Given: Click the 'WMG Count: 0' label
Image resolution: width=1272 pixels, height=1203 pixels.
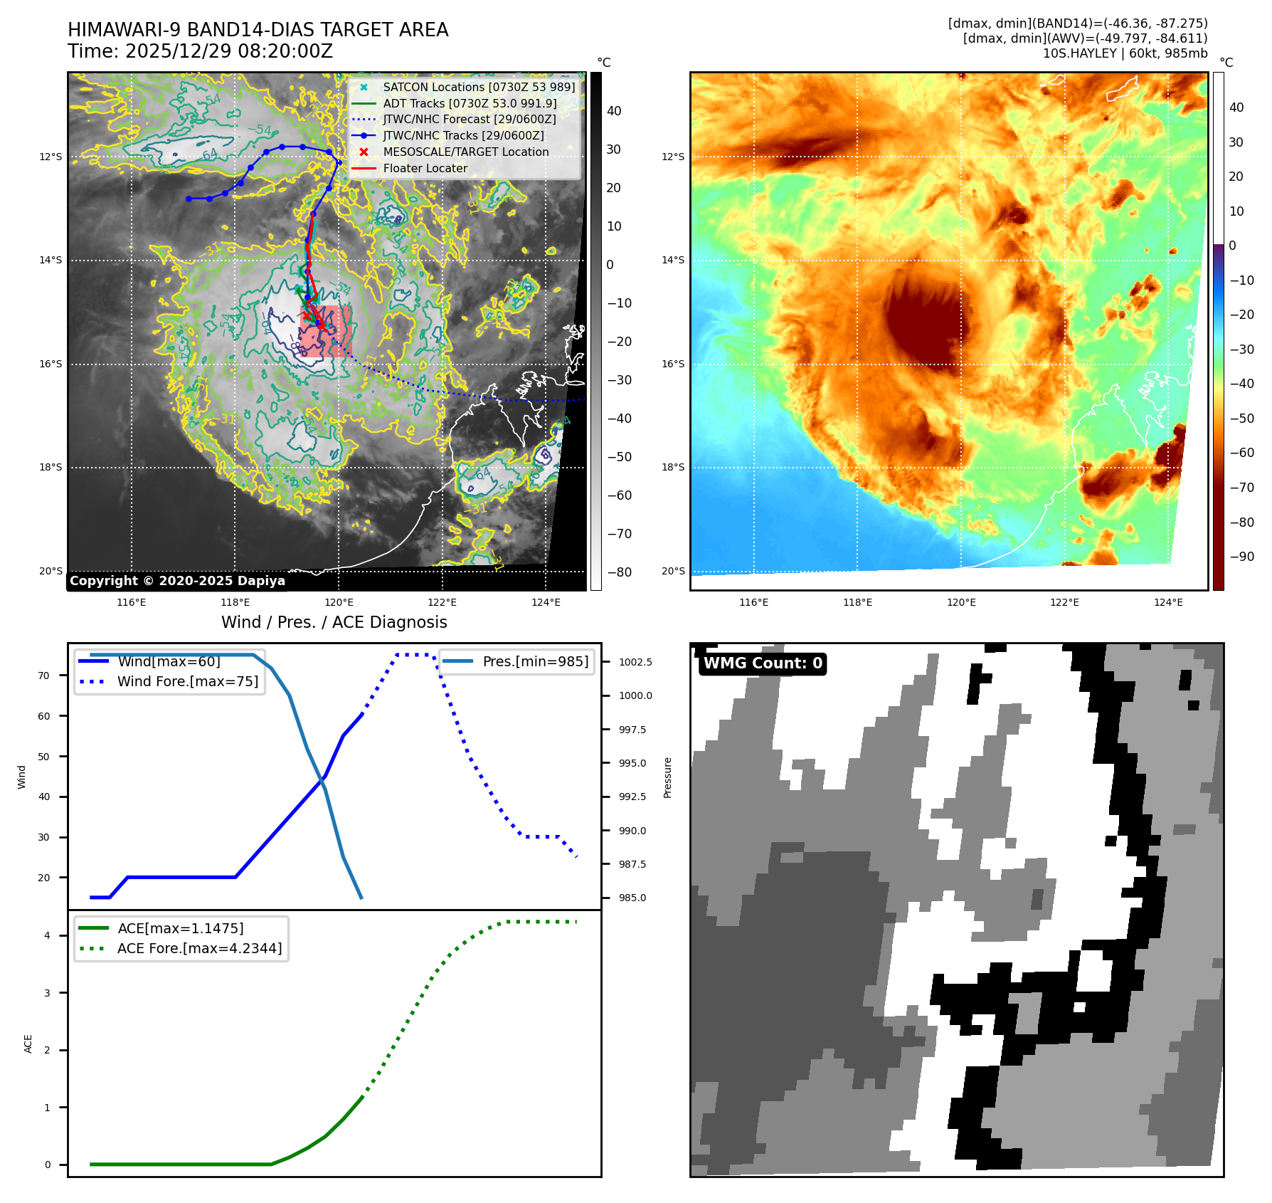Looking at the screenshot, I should coord(763,663).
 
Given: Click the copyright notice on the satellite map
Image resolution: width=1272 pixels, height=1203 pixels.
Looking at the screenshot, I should coord(177,581).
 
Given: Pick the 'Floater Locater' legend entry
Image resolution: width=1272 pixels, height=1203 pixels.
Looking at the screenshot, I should coord(425,169).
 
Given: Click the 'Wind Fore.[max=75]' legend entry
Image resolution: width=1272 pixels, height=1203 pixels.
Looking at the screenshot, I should coord(187,681).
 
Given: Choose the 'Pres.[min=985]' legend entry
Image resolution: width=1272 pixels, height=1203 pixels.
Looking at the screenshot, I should coord(535,661).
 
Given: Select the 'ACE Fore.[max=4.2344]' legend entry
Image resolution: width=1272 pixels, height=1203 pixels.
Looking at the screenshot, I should coord(199,948).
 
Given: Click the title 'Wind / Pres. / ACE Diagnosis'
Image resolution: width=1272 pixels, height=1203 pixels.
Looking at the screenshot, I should coord(334,622).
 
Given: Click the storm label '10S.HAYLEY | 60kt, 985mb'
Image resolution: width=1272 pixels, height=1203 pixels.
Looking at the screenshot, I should coord(1125,53).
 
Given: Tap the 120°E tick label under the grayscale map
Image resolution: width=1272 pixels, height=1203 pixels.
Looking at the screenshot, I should coord(339,602).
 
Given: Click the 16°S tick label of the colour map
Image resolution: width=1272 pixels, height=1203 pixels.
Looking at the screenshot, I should coord(673,364).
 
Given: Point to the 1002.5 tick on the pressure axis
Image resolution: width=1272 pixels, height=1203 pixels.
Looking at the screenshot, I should coord(635,662).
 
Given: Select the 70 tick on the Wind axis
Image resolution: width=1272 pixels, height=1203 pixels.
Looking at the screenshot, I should coord(44,676).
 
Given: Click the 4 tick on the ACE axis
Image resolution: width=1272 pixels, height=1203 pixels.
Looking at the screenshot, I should coord(48,935).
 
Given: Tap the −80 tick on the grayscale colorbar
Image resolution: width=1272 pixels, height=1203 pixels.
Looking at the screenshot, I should coord(619,572).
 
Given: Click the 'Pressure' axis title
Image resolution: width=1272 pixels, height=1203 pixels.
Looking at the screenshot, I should coord(667,777).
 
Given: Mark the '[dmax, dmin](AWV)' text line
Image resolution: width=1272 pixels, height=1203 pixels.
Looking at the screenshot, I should coord(1085,38).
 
